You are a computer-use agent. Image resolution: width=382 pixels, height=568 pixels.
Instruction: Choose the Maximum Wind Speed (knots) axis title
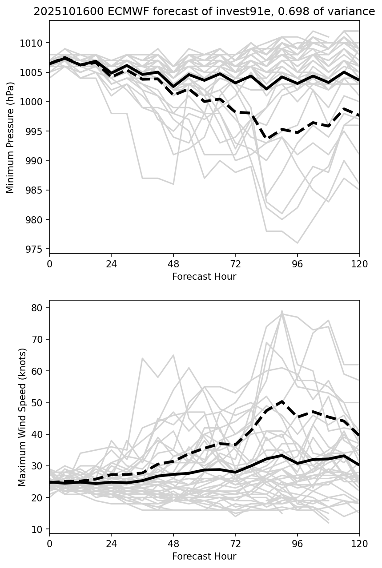click(x=22, y=417)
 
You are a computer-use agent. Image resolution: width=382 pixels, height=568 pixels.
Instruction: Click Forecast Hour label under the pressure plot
click(x=204, y=277)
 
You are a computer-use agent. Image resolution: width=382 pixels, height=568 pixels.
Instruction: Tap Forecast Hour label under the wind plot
click(x=204, y=556)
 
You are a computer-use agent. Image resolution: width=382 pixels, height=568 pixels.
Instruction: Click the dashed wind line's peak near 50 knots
click(x=282, y=401)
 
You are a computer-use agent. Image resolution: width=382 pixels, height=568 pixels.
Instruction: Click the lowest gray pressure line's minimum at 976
click(x=297, y=243)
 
